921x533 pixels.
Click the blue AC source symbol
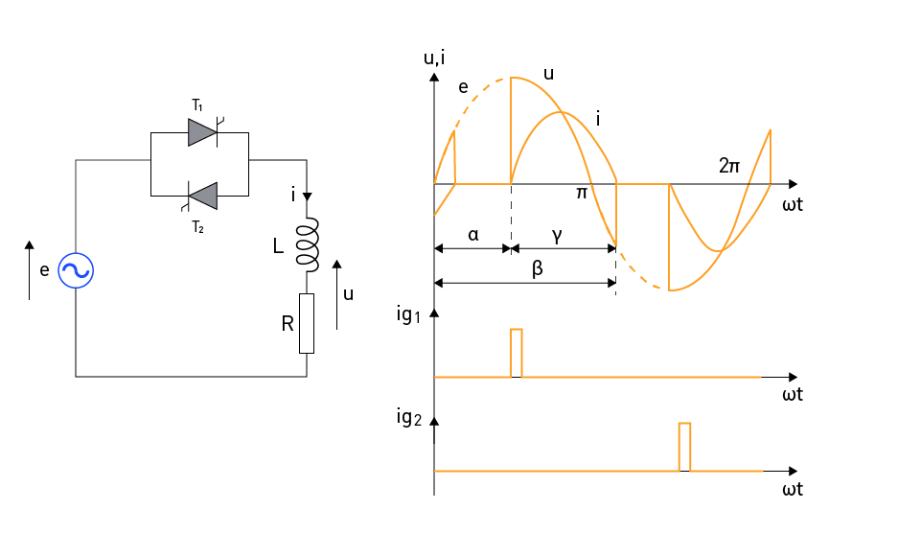[x=76, y=270]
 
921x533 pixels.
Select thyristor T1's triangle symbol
[x=202, y=132]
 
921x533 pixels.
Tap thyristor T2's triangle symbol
[x=202, y=196]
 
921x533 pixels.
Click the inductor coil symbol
[x=308, y=245]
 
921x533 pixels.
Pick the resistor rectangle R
[x=307, y=323]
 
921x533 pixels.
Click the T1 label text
[x=197, y=105]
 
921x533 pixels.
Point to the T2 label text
[x=198, y=227]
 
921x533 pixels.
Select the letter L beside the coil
[x=279, y=246]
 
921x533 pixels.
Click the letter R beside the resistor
[x=288, y=323]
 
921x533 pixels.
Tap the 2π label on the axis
[x=729, y=166]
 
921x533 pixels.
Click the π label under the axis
[x=582, y=193]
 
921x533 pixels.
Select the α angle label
[x=473, y=235]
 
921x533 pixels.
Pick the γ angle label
[x=557, y=236]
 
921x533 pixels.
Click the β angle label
[x=537, y=268]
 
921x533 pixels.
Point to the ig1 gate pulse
[x=517, y=353]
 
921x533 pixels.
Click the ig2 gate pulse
[x=685, y=447]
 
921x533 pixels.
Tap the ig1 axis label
[x=409, y=315]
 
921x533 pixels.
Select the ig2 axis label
[x=409, y=417]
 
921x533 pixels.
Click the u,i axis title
[x=434, y=58]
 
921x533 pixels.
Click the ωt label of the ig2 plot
[x=793, y=489]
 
